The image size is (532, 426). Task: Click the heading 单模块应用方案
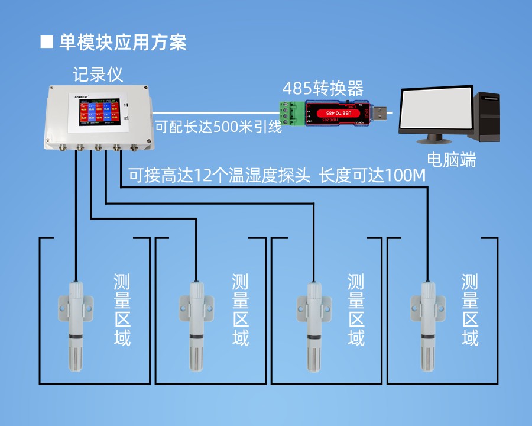(x=122, y=43)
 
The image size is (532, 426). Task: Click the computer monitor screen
(x=437, y=112)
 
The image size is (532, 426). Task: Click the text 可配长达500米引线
(x=218, y=127)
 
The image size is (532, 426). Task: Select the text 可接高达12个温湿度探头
(x=219, y=176)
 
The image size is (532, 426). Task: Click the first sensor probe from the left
(x=76, y=325)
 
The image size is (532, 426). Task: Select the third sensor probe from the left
(x=313, y=325)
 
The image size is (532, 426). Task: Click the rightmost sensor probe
(x=428, y=325)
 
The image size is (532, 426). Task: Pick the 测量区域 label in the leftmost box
(x=122, y=310)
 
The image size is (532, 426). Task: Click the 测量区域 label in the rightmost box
(x=470, y=310)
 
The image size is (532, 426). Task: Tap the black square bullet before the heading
(x=47, y=43)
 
